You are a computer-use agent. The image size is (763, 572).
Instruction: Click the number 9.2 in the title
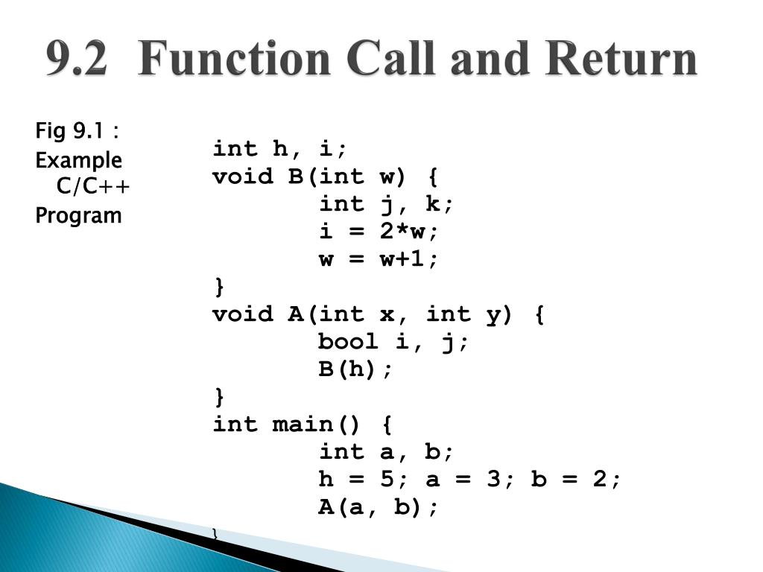(x=76, y=60)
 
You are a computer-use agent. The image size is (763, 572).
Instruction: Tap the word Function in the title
(x=233, y=60)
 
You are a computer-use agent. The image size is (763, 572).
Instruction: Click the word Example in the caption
(x=78, y=160)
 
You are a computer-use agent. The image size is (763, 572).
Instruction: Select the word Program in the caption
(x=78, y=216)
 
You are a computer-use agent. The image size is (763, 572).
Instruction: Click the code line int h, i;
(x=280, y=149)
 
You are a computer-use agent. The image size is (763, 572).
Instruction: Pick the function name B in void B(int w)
(x=296, y=177)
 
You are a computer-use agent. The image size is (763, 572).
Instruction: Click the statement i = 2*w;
(x=379, y=232)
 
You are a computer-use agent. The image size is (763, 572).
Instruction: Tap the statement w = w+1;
(x=379, y=259)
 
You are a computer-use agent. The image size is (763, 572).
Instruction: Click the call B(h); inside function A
(x=355, y=369)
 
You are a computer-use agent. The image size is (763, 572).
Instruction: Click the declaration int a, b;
(x=386, y=452)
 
